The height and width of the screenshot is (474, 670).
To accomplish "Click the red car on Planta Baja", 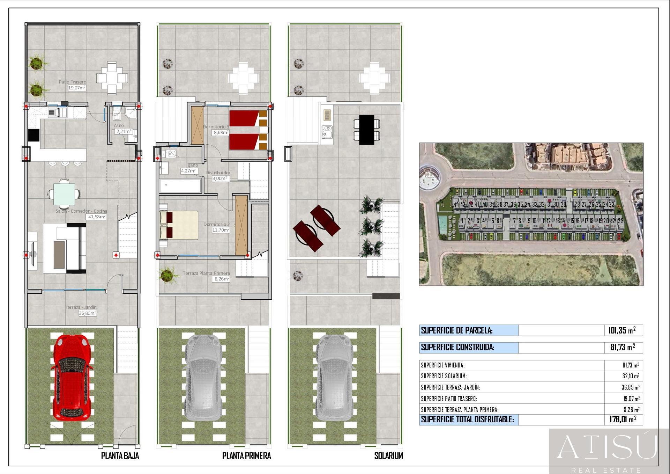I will click(73, 377).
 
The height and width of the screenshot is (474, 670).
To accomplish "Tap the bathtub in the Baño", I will click(180, 186).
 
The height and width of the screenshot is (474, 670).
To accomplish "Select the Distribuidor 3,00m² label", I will click(218, 175).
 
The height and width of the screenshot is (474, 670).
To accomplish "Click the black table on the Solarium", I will click(366, 130).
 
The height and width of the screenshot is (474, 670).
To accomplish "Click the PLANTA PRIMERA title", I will click(246, 455).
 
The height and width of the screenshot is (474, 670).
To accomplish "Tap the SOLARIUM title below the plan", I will click(388, 455).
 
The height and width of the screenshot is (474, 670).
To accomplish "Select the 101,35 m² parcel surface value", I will click(622, 330).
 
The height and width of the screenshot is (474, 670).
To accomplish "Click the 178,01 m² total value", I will click(623, 419).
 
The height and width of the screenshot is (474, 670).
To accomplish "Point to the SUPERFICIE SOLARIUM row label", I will click(444, 376).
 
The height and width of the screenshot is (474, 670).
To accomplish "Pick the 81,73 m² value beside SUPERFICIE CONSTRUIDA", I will click(623, 347).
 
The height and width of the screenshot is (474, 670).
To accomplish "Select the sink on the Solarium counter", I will click(327, 133).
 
